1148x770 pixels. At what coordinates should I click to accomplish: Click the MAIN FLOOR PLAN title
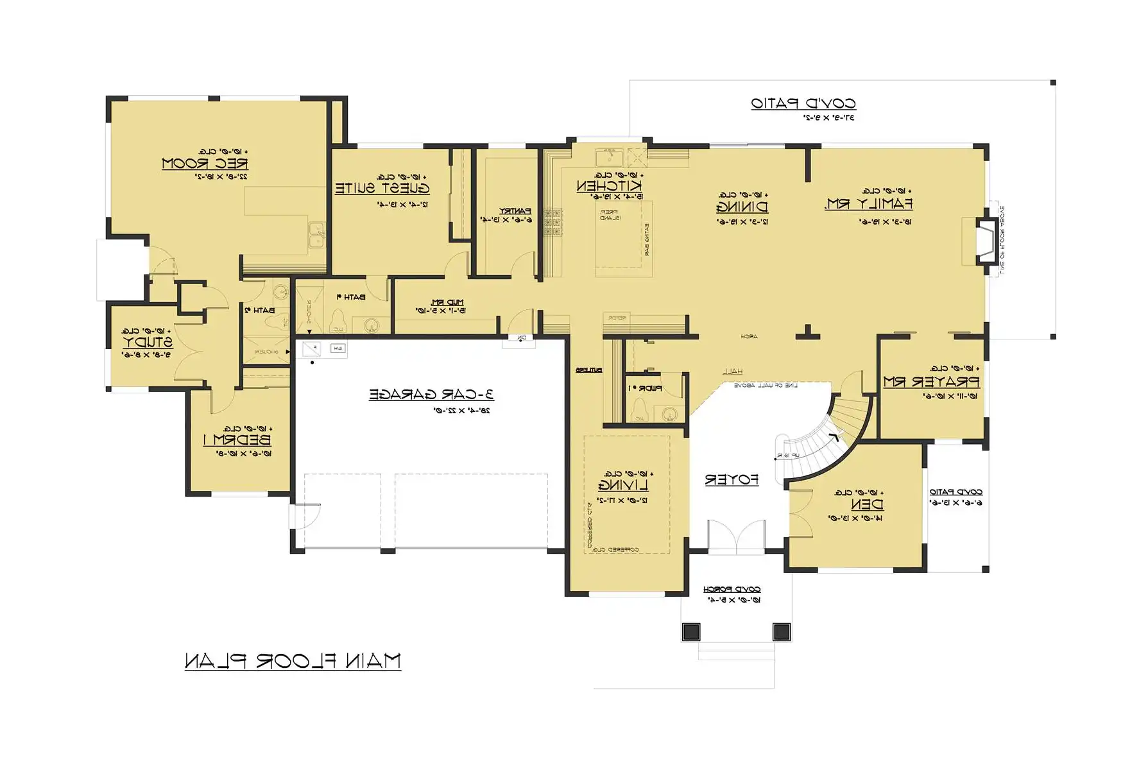pos(293,661)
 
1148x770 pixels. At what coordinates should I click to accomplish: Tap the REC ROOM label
pos(205,164)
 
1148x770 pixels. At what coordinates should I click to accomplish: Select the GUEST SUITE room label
pos(382,189)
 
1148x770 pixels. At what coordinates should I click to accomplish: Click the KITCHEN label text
pos(610,186)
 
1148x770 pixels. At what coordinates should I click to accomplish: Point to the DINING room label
pos(742,207)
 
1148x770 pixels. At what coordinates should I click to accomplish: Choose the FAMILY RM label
pos(868,204)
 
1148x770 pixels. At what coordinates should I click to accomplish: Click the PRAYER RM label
pos(931,382)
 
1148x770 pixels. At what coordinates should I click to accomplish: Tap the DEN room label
pos(867,504)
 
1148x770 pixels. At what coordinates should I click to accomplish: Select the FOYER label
pos(732,480)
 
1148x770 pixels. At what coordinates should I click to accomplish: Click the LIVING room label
pos(623,485)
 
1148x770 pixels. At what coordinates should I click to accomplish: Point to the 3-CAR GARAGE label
pos(431,395)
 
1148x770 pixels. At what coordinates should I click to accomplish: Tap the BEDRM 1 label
pos(237,440)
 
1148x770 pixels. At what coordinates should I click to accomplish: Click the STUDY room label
pos(148,342)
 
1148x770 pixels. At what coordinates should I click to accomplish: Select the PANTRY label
pos(515,210)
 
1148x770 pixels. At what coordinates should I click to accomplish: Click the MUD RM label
pos(447,302)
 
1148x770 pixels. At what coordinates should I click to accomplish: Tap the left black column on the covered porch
pos(691,631)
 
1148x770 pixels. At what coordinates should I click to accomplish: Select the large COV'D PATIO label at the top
pos(803,103)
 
